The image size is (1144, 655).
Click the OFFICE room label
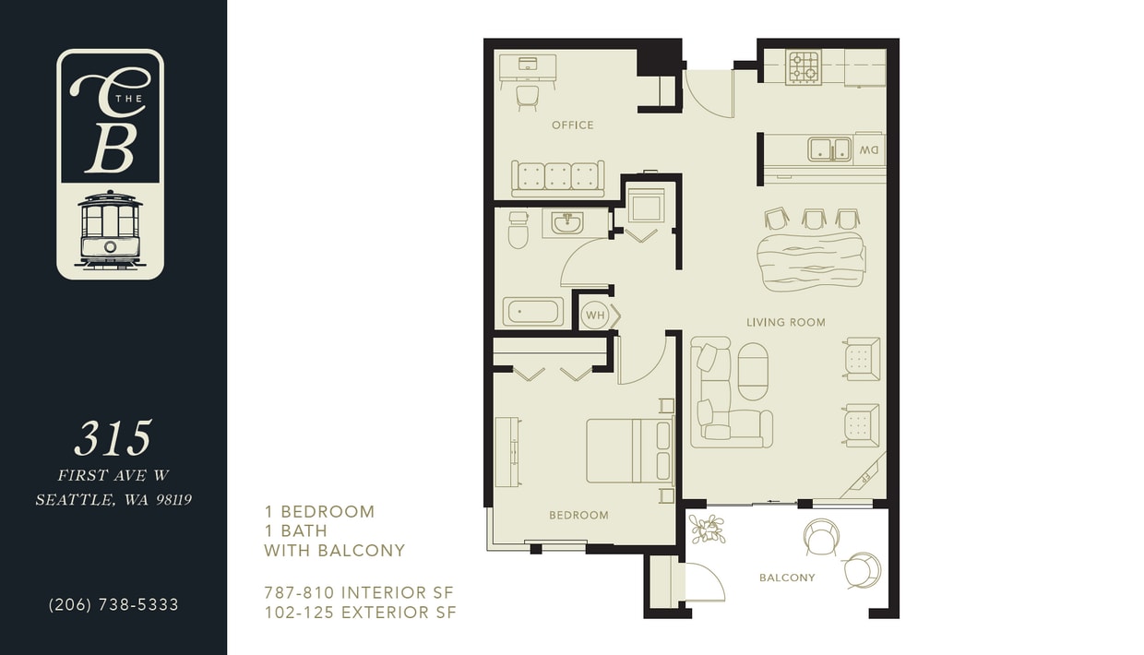572,125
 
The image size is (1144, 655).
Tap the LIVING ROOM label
785,322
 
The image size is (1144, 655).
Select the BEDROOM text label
578,515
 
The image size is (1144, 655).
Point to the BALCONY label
787,578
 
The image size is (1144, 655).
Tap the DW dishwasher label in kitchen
869,149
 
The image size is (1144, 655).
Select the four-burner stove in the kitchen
803,67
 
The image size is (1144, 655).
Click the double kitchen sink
829,149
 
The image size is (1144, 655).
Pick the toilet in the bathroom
518,231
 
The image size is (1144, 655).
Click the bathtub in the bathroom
533,312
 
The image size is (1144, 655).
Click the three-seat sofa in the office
557,177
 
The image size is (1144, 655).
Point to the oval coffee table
753,371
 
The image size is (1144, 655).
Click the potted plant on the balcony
708,529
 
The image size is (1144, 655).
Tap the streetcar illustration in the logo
110,230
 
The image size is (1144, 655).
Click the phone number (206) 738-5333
113,605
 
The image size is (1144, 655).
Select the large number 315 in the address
113,439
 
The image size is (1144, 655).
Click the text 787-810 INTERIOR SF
359,592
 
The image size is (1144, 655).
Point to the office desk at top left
528,66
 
